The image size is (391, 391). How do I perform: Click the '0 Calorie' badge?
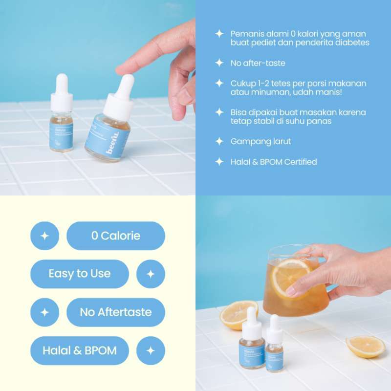[x=116, y=236]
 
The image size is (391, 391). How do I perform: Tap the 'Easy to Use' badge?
[x=80, y=274]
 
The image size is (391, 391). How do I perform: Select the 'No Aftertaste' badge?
[x=116, y=312]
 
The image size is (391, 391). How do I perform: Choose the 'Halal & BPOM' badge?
[x=80, y=350]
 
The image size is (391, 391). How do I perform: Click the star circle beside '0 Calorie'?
[x=44, y=236]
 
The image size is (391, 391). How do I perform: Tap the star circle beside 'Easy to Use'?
[x=151, y=274]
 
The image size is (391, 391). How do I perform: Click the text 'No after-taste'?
[x=258, y=63]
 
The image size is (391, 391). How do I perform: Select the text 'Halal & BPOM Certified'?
[x=274, y=162]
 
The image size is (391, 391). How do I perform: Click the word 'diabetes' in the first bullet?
[x=352, y=43]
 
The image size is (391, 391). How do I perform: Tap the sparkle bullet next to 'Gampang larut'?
[x=219, y=142]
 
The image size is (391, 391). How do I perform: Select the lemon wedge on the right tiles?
[x=366, y=346]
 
